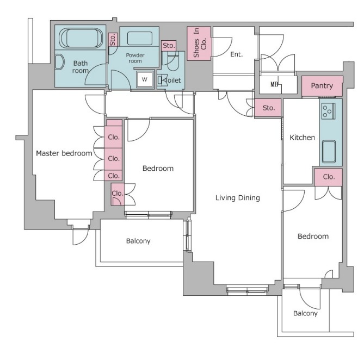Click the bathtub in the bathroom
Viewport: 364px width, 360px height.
[81, 38]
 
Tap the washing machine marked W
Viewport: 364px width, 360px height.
[144, 79]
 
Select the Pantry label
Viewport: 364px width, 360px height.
[322, 86]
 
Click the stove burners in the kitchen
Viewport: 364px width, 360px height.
[328, 111]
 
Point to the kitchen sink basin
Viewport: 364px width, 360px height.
[329, 151]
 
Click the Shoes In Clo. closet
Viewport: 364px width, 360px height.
[199, 44]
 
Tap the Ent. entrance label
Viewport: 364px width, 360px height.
[236, 54]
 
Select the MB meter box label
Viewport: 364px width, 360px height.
[274, 84]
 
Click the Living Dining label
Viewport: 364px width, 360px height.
[237, 197]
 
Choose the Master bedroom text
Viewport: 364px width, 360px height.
[64, 153]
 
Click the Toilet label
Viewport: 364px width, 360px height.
[172, 80]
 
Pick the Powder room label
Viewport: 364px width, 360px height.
[135, 58]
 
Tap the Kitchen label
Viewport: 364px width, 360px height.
[303, 138]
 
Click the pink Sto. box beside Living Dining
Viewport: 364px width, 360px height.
[268, 108]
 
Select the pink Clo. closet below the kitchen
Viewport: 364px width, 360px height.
[329, 177]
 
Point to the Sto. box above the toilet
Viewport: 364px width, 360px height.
[169, 46]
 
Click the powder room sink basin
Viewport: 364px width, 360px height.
[139, 39]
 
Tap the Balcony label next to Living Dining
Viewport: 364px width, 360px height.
[138, 241]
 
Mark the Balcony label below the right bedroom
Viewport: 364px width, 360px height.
[305, 313]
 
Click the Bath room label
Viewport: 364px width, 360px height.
[81, 67]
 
